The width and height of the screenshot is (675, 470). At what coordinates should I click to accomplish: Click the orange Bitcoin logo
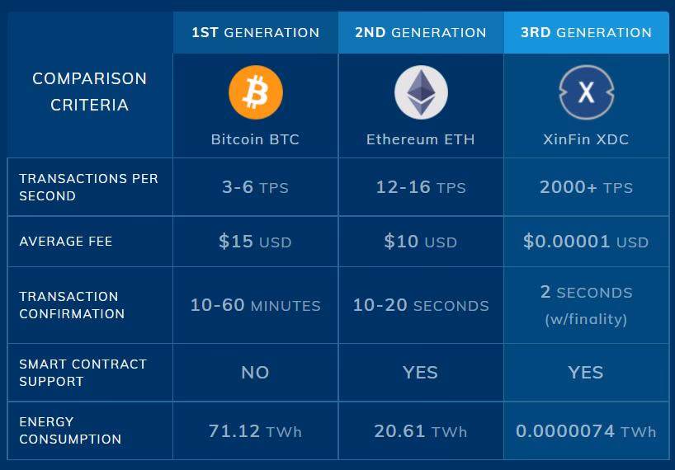click(256, 92)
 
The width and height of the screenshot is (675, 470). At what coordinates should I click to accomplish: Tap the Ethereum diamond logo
click(421, 92)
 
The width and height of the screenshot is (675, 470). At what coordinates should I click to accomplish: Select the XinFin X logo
click(586, 92)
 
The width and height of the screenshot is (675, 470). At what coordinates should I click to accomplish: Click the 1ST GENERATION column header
click(255, 33)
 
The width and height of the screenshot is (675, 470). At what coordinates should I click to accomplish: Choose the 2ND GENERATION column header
click(421, 33)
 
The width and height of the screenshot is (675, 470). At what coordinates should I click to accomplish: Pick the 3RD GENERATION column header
click(586, 33)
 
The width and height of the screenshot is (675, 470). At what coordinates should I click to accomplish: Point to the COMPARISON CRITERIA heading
click(89, 92)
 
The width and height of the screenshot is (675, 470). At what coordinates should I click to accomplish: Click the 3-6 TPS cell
click(255, 187)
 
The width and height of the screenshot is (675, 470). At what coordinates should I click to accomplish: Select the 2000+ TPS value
click(586, 187)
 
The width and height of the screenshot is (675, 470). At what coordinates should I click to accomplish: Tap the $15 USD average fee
click(255, 242)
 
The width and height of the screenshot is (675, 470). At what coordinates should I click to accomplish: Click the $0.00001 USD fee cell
click(586, 242)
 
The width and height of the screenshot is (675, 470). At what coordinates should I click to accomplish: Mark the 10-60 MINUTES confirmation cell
click(255, 305)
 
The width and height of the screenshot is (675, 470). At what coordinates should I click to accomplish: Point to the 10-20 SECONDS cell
click(421, 305)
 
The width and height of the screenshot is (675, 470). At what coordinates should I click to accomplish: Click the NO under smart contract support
click(255, 373)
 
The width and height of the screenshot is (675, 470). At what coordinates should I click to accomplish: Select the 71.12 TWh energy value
click(255, 431)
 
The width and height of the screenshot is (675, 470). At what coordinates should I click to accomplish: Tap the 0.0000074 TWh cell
click(586, 431)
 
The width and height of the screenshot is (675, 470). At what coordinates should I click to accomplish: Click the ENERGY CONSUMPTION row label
click(70, 430)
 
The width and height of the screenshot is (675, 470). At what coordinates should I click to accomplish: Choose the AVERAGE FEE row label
click(66, 242)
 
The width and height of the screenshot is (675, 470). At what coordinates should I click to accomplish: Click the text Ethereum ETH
click(421, 139)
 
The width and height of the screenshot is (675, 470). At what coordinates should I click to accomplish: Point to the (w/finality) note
click(586, 319)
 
